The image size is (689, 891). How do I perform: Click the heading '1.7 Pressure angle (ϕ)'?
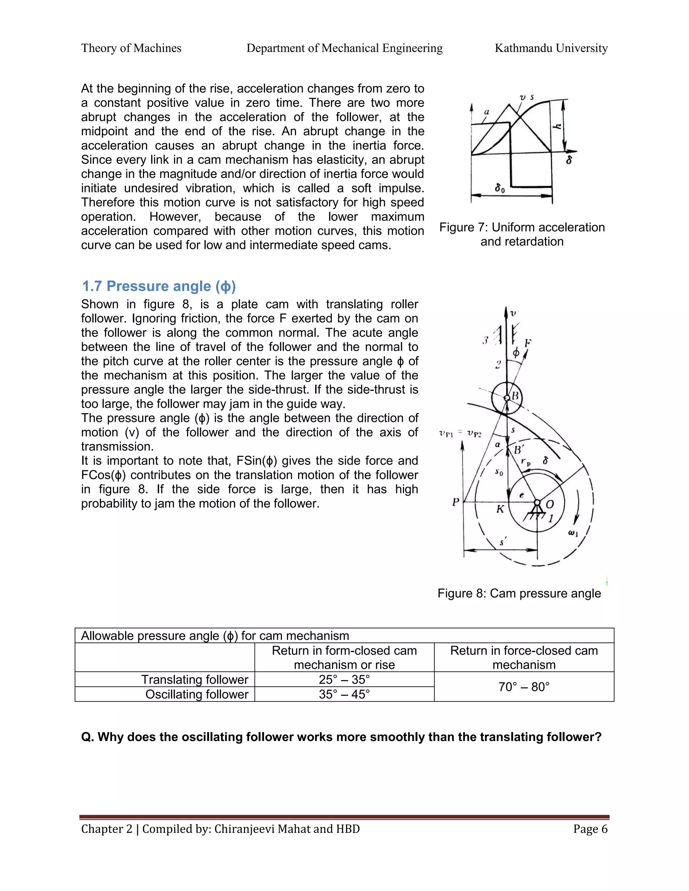pos(159,286)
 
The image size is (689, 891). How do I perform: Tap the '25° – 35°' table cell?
pos(344,679)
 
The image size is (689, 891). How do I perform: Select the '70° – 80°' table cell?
pos(524,687)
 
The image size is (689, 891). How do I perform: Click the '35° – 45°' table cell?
pos(344,694)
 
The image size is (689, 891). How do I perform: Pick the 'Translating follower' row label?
pos(195,679)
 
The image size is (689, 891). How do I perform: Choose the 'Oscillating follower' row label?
pos(197,694)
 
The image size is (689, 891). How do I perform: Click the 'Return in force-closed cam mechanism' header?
pos(524,657)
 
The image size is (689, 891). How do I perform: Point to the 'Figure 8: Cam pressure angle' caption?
pos(519,593)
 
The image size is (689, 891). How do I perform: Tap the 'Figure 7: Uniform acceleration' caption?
pos(522,227)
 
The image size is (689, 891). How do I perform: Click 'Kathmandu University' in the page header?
pos(551,48)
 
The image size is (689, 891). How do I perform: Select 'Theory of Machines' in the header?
pos(131,48)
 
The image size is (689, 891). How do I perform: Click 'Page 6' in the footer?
pos(590,829)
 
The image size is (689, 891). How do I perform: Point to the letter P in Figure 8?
pos(456,502)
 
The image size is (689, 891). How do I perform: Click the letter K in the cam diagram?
pos(500,509)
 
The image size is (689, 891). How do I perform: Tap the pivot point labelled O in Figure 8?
pos(537,503)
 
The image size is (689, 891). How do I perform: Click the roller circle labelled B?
pos(507,398)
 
